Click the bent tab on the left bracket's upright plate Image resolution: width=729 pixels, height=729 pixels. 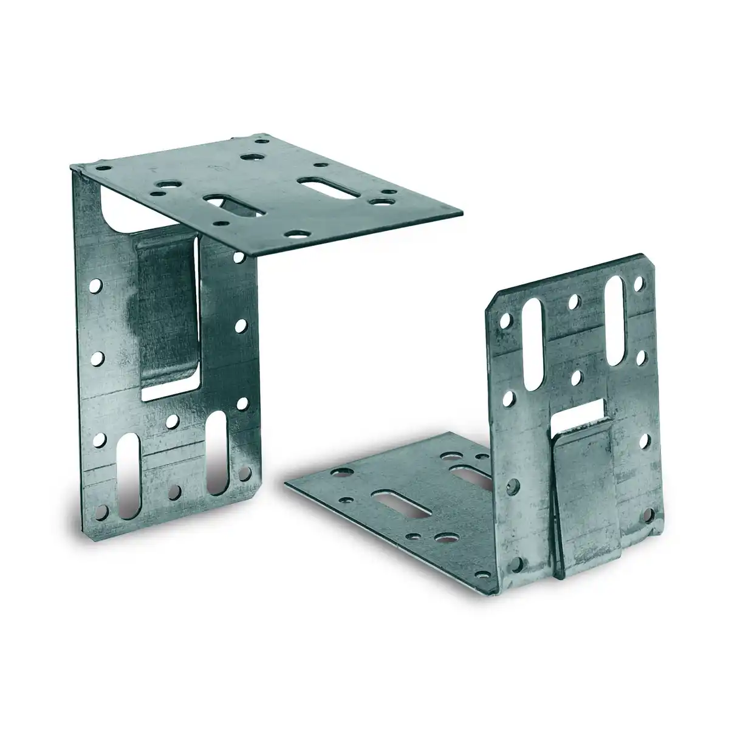(165, 310)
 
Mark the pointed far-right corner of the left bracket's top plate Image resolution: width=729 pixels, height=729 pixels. (462, 214)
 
